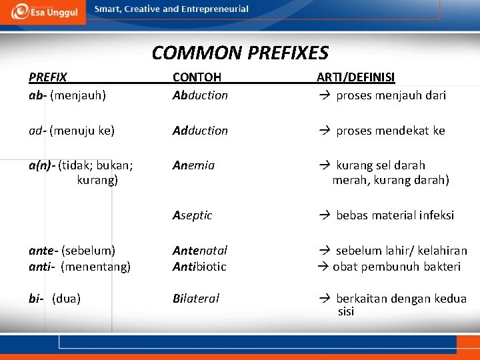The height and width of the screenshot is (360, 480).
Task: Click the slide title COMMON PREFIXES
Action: point(240,53)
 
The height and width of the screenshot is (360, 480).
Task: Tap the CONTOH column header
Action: point(197,77)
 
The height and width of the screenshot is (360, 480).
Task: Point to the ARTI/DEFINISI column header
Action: point(355,77)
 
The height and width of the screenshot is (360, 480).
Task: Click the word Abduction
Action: point(200,95)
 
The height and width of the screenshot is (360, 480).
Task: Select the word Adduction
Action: point(200,131)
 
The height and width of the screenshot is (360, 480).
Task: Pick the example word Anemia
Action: point(193,165)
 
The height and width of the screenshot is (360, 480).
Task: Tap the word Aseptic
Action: point(192,215)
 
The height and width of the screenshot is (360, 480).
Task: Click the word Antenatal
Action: point(200,250)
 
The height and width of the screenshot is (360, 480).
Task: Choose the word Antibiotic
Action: point(199,267)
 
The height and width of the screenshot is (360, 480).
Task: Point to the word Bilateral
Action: point(195,299)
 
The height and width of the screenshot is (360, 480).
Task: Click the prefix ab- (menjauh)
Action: point(67,95)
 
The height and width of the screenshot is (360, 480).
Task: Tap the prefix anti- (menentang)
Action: point(79,267)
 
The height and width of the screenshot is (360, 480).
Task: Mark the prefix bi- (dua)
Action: point(55,299)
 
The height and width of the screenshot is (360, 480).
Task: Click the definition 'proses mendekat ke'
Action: point(390,131)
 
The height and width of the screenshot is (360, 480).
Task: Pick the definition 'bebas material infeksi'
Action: point(395,215)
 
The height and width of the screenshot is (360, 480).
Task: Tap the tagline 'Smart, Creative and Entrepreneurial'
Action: point(171,9)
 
